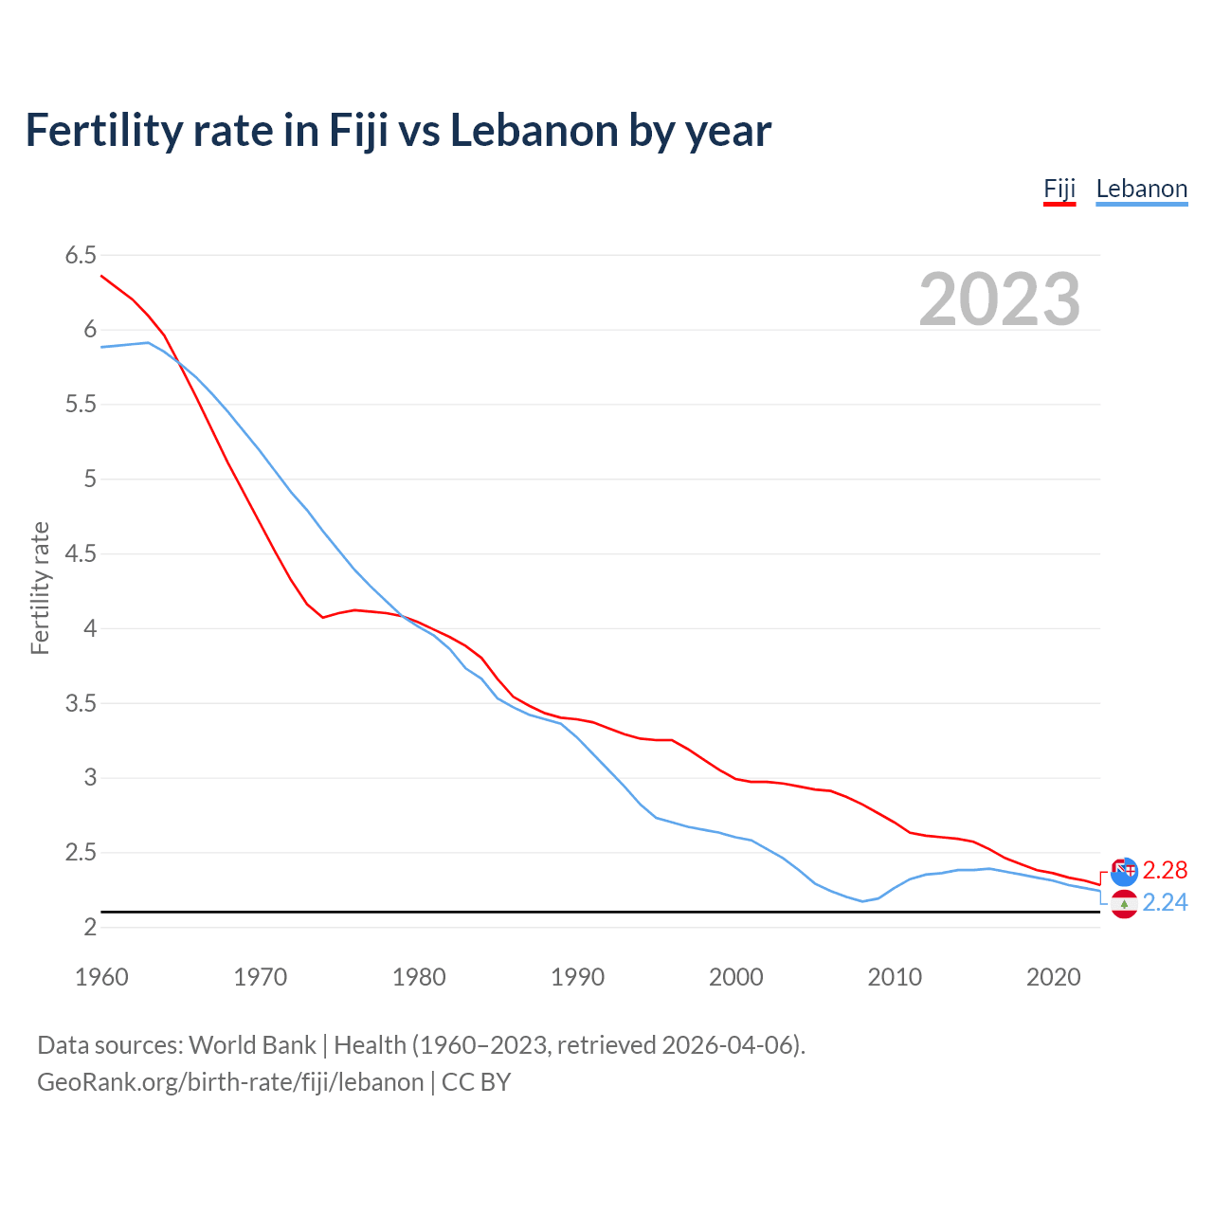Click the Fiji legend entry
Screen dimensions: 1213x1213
[1059, 189]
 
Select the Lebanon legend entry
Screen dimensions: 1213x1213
[1141, 189]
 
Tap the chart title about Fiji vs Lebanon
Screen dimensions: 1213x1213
[398, 130]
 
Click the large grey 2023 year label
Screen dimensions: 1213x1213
[999, 299]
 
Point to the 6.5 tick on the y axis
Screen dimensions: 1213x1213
[81, 255]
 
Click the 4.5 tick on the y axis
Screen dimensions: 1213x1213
[81, 553]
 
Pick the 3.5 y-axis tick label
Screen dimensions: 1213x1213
[81, 703]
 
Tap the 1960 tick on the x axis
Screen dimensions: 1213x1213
[101, 977]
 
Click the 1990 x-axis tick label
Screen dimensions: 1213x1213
[577, 977]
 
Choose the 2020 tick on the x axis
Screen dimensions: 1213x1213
[1053, 977]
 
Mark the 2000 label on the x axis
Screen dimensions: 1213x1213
[735, 977]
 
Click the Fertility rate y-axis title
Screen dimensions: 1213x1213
[40, 588]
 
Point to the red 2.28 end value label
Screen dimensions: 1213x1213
[1165, 870]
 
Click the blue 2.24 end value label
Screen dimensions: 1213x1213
[1165, 902]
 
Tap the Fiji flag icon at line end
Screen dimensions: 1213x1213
[1124, 871]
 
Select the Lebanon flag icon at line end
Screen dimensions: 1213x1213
[1124, 904]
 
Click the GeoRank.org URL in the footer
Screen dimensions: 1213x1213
[230, 1082]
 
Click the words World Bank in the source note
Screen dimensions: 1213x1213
[252, 1045]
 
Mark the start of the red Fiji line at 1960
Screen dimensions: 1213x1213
[101, 276]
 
